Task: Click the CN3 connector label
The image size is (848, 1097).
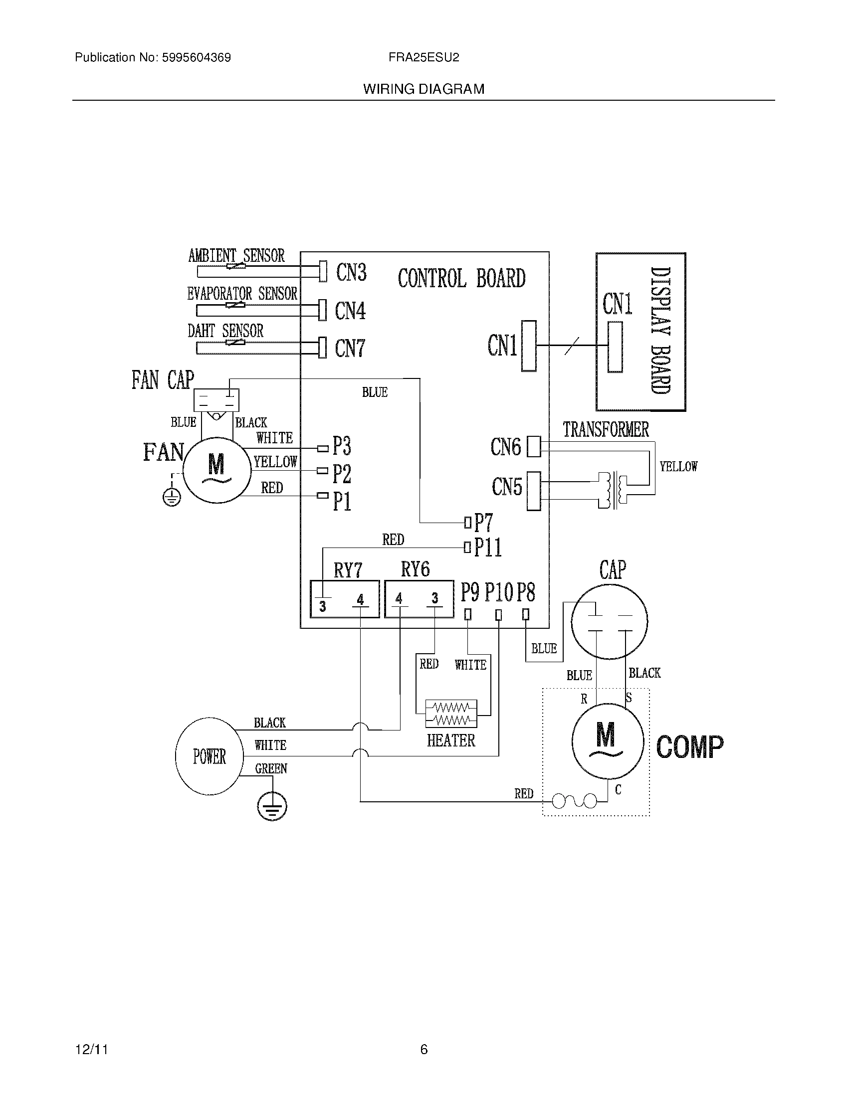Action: coord(351,273)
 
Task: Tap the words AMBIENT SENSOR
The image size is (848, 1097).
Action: coord(236,256)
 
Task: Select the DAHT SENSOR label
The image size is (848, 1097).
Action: coord(225,331)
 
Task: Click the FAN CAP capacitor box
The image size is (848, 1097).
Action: coord(216,400)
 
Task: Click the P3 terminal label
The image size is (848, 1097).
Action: coord(342,445)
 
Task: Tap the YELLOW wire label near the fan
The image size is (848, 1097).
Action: coord(275,462)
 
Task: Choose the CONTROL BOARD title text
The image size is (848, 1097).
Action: coord(461,278)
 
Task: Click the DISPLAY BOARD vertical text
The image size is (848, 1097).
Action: coord(660,330)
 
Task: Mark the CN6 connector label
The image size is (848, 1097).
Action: coord(506,447)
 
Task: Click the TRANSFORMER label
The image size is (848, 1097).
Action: coord(606,429)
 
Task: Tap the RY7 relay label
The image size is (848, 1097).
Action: coord(348,570)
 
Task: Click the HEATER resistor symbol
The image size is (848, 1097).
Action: coord(451,714)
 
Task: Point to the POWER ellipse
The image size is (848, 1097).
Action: coord(210,756)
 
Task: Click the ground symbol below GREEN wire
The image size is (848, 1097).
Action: coord(272,807)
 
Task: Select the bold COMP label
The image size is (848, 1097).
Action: coord(690,746)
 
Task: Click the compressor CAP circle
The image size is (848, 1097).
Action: coord(610,621)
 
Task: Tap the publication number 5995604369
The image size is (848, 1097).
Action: coord(196,58)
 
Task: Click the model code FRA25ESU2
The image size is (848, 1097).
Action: coord(424,58)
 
